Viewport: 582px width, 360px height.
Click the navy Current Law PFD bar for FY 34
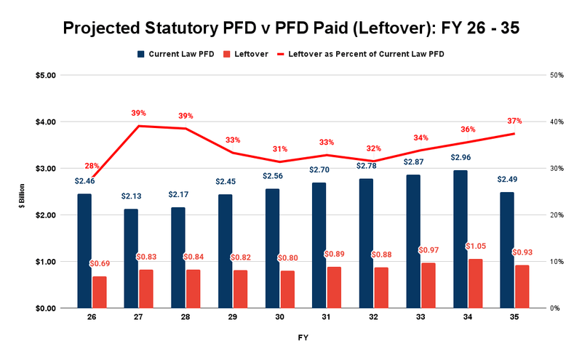pos(461,239)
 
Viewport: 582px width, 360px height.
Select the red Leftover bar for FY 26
pos(99,292)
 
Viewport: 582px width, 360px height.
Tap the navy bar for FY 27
pos(131,258)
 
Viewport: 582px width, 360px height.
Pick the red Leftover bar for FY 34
pos(475,283)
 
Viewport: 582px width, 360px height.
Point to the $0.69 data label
pos(100,263)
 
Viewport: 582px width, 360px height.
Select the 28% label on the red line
pos(92,166)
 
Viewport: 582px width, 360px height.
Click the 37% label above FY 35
pos(514,121)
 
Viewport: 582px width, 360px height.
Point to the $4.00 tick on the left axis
pos(44,122)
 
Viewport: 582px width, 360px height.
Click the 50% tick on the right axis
pos(557,76)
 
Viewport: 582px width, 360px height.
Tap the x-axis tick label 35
pos(515,319)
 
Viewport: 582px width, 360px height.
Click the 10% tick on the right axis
pos(557,262)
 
